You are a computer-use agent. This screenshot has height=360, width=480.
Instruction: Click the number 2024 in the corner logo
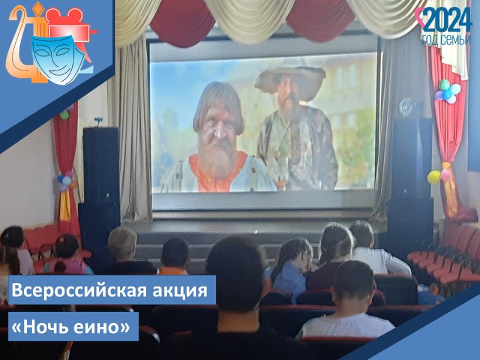point(447,20)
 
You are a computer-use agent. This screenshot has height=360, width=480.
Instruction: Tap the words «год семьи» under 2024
point(446,40)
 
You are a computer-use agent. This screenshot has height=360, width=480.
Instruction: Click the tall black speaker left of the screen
point(101,166)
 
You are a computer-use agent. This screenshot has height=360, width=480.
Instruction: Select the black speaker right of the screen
point(411,158)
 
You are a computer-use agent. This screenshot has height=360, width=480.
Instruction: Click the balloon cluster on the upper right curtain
point(447,91)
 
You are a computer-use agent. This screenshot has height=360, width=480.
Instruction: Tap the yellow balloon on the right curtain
point(434,177)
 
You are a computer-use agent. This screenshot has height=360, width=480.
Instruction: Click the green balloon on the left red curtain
point(64,115)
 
